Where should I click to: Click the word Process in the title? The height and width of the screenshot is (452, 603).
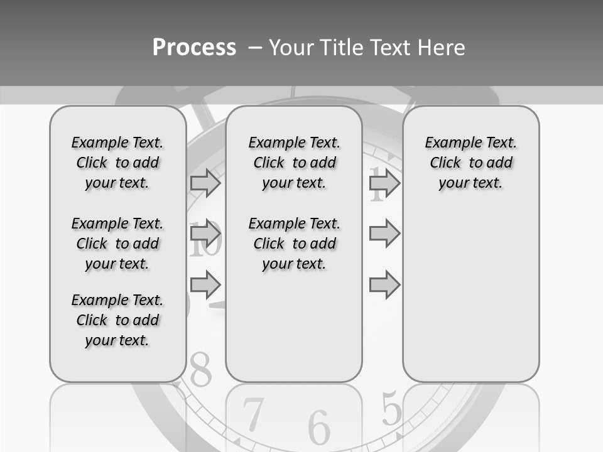coord(194,48)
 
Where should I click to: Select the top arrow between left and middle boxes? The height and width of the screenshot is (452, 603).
coord(205,183)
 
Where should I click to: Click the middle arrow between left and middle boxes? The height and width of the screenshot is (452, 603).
coord(205,234)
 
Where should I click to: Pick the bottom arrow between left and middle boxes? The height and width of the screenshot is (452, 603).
coord(205,284)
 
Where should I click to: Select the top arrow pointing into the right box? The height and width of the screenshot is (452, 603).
coord(384,183)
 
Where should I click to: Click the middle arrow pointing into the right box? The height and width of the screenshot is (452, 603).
coord(384,234)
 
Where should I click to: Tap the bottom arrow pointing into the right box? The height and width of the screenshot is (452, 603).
coord(384,284)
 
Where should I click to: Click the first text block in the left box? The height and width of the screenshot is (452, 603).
coord(117,163)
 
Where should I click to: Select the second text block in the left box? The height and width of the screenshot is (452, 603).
coord(117,244)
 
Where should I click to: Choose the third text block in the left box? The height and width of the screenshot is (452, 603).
coord(117,320)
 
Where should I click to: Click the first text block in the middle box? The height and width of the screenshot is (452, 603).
coord(295,163)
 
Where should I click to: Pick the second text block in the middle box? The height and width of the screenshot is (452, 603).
coord(295,244)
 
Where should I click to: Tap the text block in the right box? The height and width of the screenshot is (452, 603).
coord(471,163)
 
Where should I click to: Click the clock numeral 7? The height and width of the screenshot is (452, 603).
coord(253,414)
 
